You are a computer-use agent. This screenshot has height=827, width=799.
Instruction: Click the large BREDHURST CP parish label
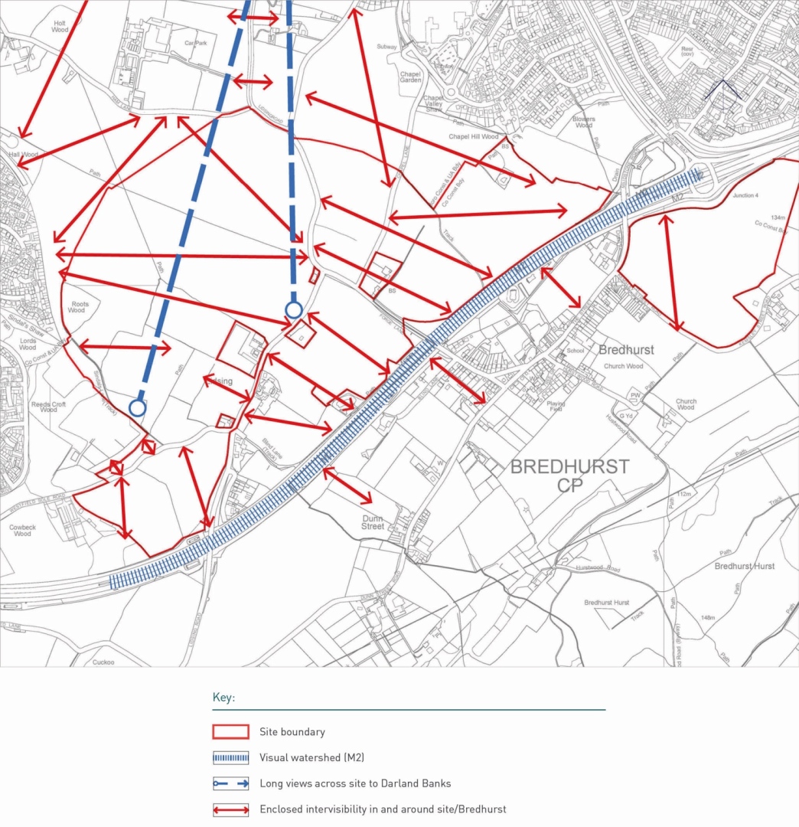tap(569, 475)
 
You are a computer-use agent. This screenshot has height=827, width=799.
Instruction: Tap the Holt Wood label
tap(60, 25)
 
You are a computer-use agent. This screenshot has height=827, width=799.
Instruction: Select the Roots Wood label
tap(79, 307)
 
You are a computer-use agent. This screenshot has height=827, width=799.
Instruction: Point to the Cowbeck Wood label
tap(23, 530)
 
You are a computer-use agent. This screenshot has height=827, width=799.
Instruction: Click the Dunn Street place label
tap(373, 522)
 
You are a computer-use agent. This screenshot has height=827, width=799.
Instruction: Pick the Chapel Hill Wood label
tap(475, 137)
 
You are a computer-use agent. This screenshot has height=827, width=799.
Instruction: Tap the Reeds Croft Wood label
tap(49, 407)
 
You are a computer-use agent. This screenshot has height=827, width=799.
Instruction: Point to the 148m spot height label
tap(707, 618)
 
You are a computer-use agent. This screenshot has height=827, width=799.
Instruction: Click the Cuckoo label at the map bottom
tap(103, 662)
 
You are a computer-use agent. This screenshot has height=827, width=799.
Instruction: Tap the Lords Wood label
tap(28, 342)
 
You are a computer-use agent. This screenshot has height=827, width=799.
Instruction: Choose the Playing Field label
tap(556, 407)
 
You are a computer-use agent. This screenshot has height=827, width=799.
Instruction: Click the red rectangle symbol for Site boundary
tap(230, 732)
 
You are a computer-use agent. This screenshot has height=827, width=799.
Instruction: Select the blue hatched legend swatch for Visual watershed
tap(230, 758)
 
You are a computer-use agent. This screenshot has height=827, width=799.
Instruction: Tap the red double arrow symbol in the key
tap(230, 809)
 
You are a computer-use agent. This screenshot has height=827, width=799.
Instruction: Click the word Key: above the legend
tap(223, 698)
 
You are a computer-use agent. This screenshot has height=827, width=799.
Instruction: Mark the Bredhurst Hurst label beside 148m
tap(744, 567)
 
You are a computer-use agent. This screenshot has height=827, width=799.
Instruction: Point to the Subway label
tap(387, 47)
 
